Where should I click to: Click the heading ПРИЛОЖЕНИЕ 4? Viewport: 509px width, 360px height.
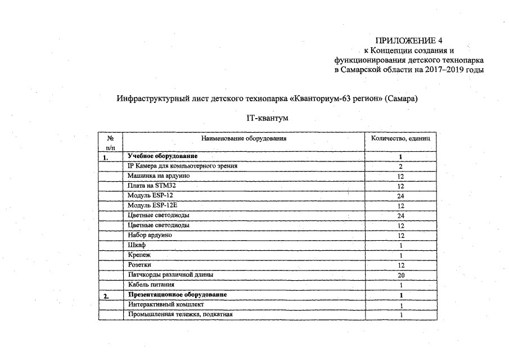pyautogui.click(x=409, y=40)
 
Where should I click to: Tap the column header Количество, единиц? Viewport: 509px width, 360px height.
pyautogui.click(x=400, y=138)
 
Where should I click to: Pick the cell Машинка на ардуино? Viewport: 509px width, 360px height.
pyautogui.click(x=159, y=176)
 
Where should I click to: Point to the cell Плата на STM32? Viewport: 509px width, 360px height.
pyautogui.click(x=152, y=186)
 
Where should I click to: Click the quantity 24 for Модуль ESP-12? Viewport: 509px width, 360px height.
pyautogui.click(x=400, y=196)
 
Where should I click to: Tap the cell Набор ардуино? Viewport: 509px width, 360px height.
pyautogui.click(x=150, y=235)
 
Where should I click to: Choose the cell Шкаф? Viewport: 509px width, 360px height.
pyautogui.click(x=137, y=245)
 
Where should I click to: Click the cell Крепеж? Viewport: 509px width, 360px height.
pyautogui.click(x=139, y=255)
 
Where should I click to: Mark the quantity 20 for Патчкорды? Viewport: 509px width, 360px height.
pyautogui.click(x=400, y=275)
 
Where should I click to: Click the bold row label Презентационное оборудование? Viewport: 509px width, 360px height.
pyautogui.click(x=177, y=295)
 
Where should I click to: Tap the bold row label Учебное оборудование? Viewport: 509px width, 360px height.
pyautogui.click(x=162, y=156)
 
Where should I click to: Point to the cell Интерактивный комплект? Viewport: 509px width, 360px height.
pyautogui.click(x=162, y=304)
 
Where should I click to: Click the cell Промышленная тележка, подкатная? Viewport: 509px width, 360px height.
pyautogui.click(x=180, y=314)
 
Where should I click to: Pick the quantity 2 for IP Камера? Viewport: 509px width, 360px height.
pyautogui.click(x=400, y=166)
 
